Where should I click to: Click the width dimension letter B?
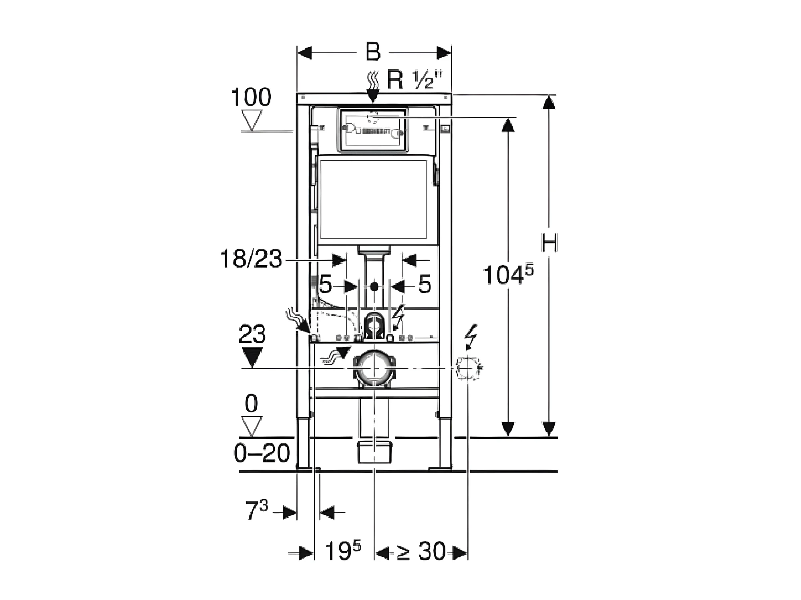(x=373, y=52)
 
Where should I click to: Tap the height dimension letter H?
(x=549, y=242)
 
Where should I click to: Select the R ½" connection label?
(x=411, y=81)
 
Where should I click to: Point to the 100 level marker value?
(x=251, y=97)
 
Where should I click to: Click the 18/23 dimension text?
(x=251, y=258)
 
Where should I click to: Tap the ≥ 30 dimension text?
(x=421, y=552)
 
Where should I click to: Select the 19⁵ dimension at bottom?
(x=343, y=551)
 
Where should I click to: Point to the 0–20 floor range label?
(x=262, y=454)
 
